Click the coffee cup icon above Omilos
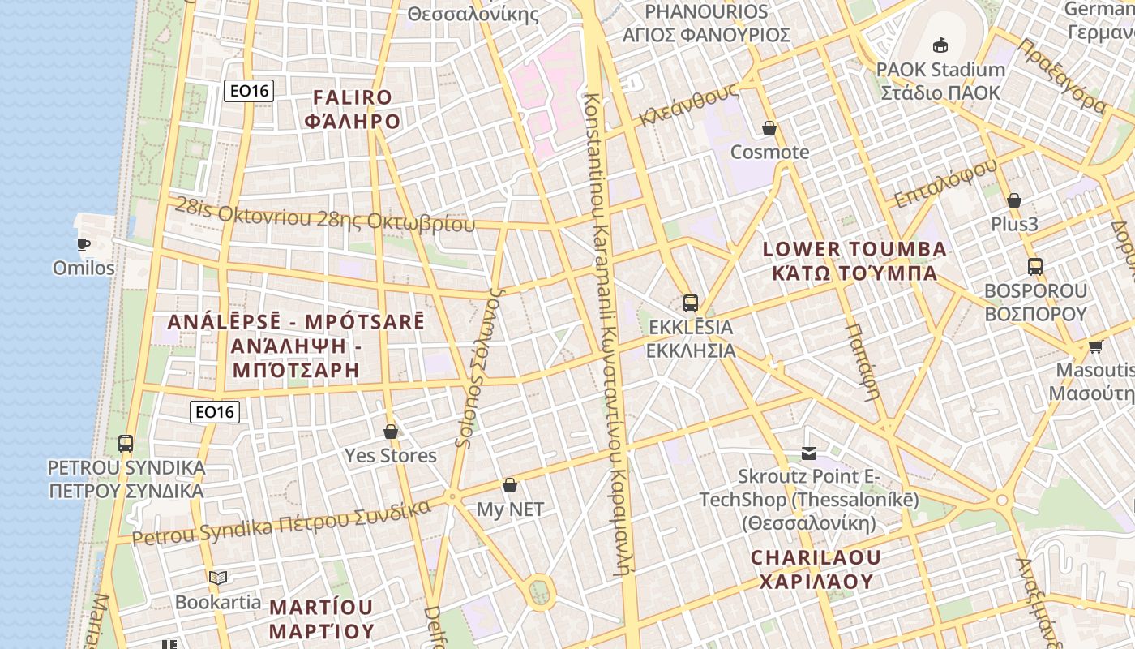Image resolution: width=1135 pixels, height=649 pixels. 83,243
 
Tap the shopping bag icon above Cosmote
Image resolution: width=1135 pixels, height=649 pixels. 769,128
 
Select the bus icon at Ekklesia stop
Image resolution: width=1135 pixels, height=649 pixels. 691,303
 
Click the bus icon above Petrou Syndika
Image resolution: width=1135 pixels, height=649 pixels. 126,444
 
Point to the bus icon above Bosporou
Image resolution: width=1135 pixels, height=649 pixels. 1034,266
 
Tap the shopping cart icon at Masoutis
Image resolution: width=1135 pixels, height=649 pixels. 1095,346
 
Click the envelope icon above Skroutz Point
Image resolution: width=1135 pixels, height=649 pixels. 809,453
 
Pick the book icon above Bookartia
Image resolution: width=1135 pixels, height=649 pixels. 218,578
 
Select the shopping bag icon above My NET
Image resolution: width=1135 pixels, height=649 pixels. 510,485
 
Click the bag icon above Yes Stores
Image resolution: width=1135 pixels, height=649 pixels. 391,431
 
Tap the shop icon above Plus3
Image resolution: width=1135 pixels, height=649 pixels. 1013,200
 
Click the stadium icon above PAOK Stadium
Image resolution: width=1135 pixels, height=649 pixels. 940,45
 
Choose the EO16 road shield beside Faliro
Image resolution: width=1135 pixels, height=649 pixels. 248,91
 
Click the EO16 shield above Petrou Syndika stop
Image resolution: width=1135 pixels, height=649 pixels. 215,412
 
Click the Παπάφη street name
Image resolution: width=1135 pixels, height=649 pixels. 862,362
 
